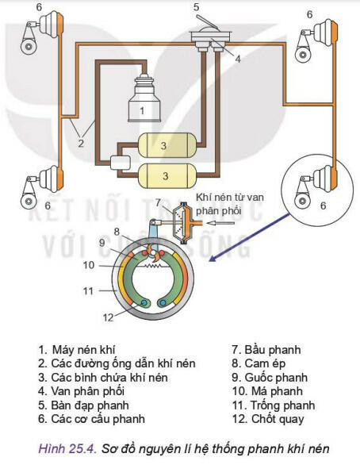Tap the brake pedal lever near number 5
click(208, 22)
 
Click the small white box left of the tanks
click(120, 163)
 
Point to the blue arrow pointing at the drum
click(249, 237)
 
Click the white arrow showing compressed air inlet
click(220, 223)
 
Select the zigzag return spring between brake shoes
click(152, 266)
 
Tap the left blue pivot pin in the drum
click(144, 303)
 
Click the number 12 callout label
click(108, 317)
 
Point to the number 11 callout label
click(88, 291)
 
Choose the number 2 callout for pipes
click(81, 144)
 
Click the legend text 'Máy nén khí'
click(84, 350)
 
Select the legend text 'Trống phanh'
click(282, 405)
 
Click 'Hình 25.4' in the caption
click(67, 448)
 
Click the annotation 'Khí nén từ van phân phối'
click(230, 204)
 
